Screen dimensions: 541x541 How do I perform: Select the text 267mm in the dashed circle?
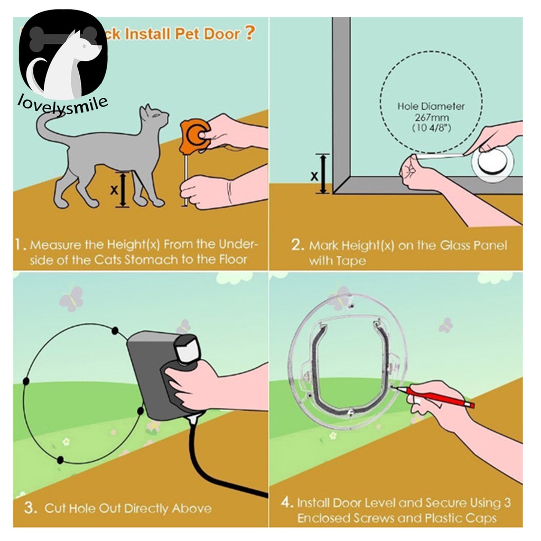coord(431,117)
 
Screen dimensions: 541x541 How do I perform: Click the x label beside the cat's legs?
coord(114,190)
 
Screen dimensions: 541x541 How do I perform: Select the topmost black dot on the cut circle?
coord(114,331)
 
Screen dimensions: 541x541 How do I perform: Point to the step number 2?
coord(297,245)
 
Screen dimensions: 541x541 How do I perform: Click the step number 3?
coord(31,509)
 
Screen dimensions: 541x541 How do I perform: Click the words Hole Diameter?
coord(431,106)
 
